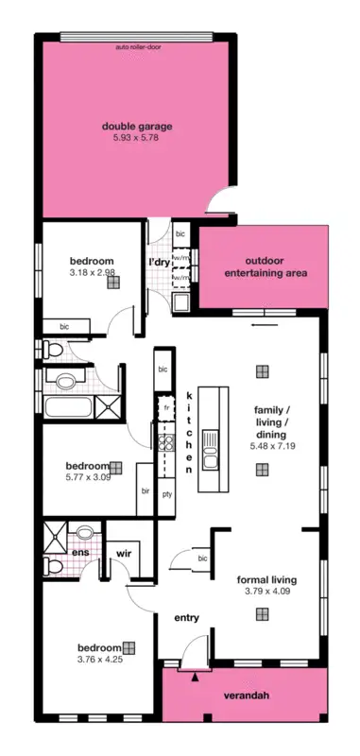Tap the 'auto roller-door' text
coord(137,45)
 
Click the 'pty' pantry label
coord(167,493)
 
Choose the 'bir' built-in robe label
coord(146,491)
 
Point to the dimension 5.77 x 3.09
coord(87,479)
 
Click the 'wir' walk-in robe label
coord(123,551)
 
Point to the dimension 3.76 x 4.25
coord(99,661)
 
